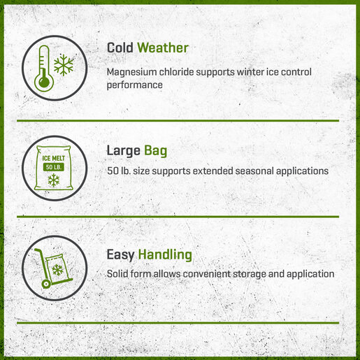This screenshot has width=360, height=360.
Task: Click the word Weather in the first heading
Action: click(163, 48)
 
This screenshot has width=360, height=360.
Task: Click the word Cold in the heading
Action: click(120, 48)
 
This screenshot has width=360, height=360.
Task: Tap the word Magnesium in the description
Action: click(131, 72)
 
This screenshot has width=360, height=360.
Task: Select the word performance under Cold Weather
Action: click(135, 85)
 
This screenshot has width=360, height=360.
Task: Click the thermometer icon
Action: click(44, 68)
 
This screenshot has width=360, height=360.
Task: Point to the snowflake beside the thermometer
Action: click(64, 65)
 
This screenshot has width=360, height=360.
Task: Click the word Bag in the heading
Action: click(155, 151)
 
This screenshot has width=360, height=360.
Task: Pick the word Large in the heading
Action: click(124, 151)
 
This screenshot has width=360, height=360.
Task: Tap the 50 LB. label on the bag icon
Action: click(54, 167)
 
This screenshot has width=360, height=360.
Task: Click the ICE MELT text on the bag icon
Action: click(54, 159)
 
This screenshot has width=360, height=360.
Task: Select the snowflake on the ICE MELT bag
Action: click(54, 180)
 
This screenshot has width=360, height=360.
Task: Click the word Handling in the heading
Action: click(165, 254)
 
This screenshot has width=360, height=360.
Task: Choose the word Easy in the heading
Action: click(120, 255)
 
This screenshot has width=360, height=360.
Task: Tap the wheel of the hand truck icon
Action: click(45, 284)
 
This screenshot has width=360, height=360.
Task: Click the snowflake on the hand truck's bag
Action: click(57, 270)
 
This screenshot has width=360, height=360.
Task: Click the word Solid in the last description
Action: click(117, 274)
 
